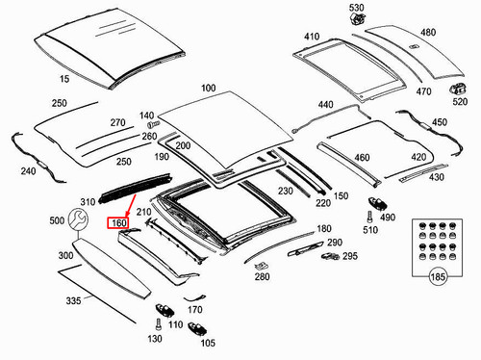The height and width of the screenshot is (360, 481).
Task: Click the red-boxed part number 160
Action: pyautogui.click(x=117, y=222)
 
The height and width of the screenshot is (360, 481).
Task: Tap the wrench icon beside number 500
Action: pyautogui.click(x=78, y=219)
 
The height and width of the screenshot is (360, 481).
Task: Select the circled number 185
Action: pyautogui.click(x=438, y=276)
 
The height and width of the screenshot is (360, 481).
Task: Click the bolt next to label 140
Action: pyautogui.click(x=153, y=124)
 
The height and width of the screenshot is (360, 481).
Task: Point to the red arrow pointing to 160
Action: pyautogui.click(x=131, y=206)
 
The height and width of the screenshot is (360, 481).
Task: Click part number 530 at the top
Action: pyautogui.click(x=357, y=8)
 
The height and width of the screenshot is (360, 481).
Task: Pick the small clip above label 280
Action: pyautogui.click(x=261, y=266)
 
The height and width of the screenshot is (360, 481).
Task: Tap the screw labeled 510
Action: pyautogui.click(x=369, y=217)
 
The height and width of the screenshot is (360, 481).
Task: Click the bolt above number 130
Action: pyautogui.click(x=158, y=324)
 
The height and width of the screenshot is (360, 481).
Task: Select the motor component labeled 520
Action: pyautogui.click(x=458, y=89)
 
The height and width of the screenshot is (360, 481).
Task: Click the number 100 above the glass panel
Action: pyautogui.click(x=208, y=88)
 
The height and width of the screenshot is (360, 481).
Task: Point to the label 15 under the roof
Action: pyautogui.click(x=64, y=79)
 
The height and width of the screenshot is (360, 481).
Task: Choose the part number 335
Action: pyautogui.click(x=73, y=300)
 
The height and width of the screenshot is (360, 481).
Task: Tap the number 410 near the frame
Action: pyautogui.click(x=312, y=37)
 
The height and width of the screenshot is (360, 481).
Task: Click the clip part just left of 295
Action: pyautogui.click(x=330, y=256)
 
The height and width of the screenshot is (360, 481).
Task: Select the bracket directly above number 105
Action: pyautogui.click(x=197, y=328)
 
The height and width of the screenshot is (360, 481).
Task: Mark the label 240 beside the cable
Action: pyautogui.click(x=28, y=171)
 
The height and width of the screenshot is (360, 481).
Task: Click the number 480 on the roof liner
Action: pyautogui.click(x=428, y=33)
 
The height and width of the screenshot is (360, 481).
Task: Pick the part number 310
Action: pyautogui.click(x=88, y=202)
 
